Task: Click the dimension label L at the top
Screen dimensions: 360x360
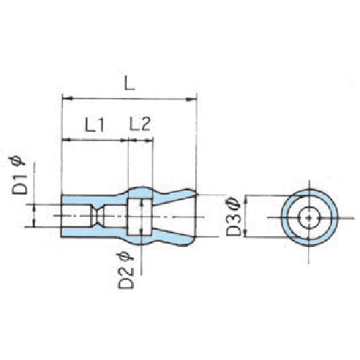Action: pos(130,83)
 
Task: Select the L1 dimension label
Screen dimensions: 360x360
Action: pos(95,125)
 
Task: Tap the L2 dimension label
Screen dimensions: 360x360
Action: pos(140,124)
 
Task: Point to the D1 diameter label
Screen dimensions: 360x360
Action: pos(19,185)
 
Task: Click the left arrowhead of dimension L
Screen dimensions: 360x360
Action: pos(68,98)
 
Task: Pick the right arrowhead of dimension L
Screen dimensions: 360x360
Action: pos(192,99)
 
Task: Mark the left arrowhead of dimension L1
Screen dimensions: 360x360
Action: pos(66,140)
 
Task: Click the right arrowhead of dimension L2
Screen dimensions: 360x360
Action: pos(149,140)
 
